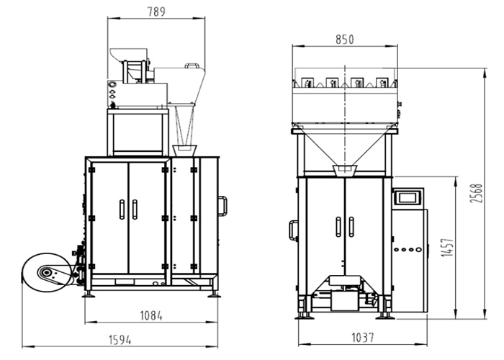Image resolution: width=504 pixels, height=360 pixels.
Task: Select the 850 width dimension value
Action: (x=344, y=40)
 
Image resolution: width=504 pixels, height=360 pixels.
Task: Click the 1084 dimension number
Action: (x=152, y=315)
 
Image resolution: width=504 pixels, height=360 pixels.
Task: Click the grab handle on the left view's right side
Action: (x=224, y=205)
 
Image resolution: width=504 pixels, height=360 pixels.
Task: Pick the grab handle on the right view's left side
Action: (x=292, y=230)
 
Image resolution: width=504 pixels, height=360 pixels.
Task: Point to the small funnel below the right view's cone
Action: (x=345, y=170)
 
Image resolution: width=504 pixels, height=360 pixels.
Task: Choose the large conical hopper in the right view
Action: (x=344, y=148)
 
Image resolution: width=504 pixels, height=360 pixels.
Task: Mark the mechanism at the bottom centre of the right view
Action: (x=343, y=289)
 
